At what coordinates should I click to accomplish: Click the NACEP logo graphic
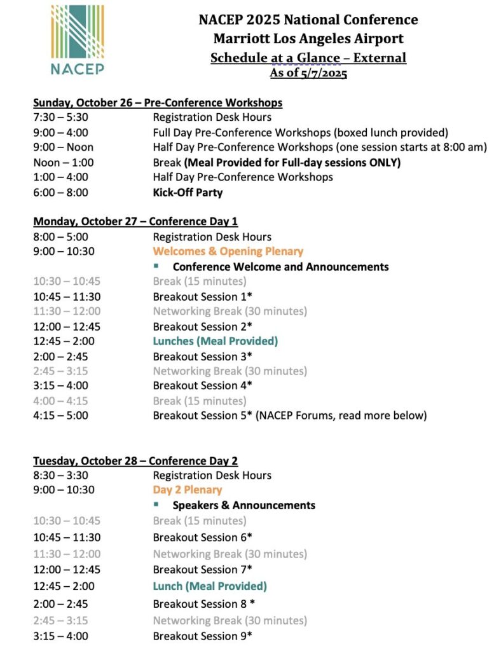(x=78, y=39)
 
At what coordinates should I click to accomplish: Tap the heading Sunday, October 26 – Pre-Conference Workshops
(x=158, y=102)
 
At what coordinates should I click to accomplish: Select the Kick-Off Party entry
(x=188, y=192)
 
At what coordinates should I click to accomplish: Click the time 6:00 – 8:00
(x=61, y=192)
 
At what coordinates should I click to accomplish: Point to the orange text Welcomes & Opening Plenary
(x=228, y=251)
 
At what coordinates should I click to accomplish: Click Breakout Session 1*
(x=202, y=296)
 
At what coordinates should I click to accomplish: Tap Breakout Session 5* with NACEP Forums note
(x=289, y=416)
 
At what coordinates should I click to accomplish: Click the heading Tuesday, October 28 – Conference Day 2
(x=135, y=461)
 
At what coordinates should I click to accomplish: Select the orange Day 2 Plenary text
(x=188, y=490)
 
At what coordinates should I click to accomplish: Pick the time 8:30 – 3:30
(x=61, y=476)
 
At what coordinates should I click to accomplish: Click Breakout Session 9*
(x=202, y=636)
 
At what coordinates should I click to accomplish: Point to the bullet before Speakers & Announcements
(x=156, y=504)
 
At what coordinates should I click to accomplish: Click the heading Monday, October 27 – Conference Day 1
(x=135, y=222)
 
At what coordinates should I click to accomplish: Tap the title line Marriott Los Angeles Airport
(x=308, y=39)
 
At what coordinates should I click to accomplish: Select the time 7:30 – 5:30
(x=61, y=118)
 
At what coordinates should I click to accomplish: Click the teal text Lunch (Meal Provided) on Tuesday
(x=210, y=586)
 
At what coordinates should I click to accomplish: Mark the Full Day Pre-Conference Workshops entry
(x=300, y=133)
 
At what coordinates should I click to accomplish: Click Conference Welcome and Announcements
(x=280, y=266)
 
